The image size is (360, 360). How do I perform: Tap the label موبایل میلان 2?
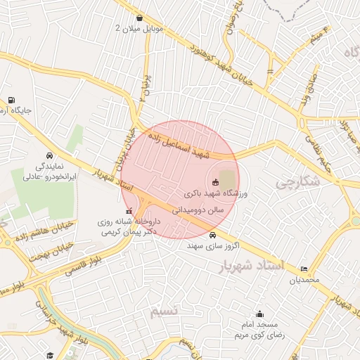point(139,29)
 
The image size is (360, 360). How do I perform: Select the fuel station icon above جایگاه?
point(11,100)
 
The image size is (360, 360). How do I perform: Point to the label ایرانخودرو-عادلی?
point(47,179)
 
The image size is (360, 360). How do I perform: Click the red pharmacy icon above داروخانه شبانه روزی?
point(127,211)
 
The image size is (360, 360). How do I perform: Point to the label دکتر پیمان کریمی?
point(128,231)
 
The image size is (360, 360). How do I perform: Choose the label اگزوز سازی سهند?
point(213,247)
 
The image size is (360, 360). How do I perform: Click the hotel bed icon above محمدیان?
point(304,269)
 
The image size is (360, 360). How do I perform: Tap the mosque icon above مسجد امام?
point(259,314)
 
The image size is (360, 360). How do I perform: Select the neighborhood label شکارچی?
point(296,184)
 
